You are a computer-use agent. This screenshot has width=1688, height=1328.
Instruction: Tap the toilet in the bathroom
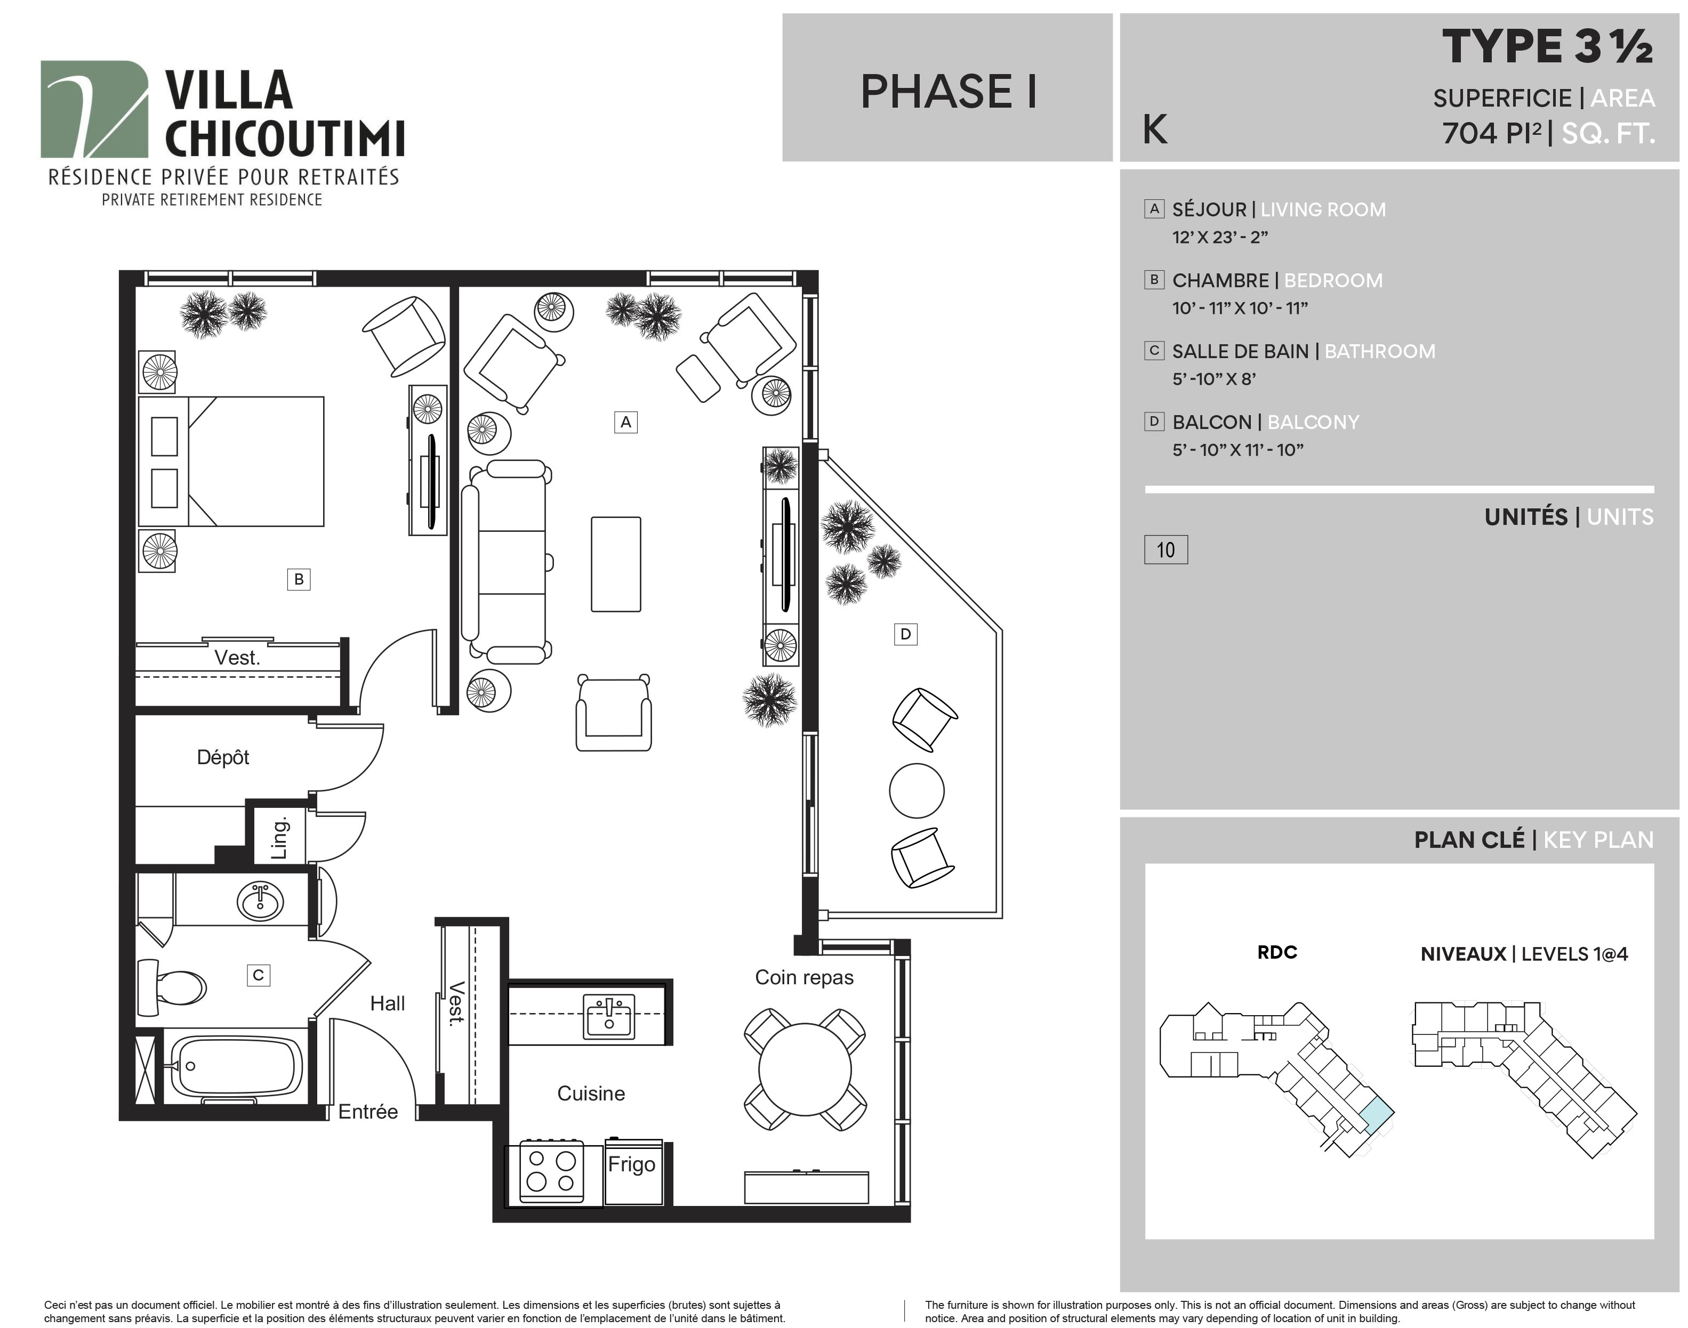(171, 987)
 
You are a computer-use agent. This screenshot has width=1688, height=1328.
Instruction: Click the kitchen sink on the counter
(609, 1017)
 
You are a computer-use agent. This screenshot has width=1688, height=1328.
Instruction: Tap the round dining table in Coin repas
(805, 1070)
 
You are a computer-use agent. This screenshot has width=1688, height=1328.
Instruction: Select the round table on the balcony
(917, 791)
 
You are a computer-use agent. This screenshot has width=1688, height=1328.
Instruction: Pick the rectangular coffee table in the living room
(616, 564)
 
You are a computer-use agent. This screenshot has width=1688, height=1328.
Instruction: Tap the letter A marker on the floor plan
(625, 422)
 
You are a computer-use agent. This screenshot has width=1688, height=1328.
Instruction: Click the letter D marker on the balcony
(905, 635)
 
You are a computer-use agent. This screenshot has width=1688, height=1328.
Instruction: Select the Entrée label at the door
(368, 1112)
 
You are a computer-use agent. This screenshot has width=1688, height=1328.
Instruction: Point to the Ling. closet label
(279, 837)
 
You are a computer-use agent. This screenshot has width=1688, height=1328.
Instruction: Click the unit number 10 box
(1165, 550)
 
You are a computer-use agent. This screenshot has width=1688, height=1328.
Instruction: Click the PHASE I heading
(949, 92)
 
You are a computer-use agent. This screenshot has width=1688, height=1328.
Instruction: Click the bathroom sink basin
(260, 902)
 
